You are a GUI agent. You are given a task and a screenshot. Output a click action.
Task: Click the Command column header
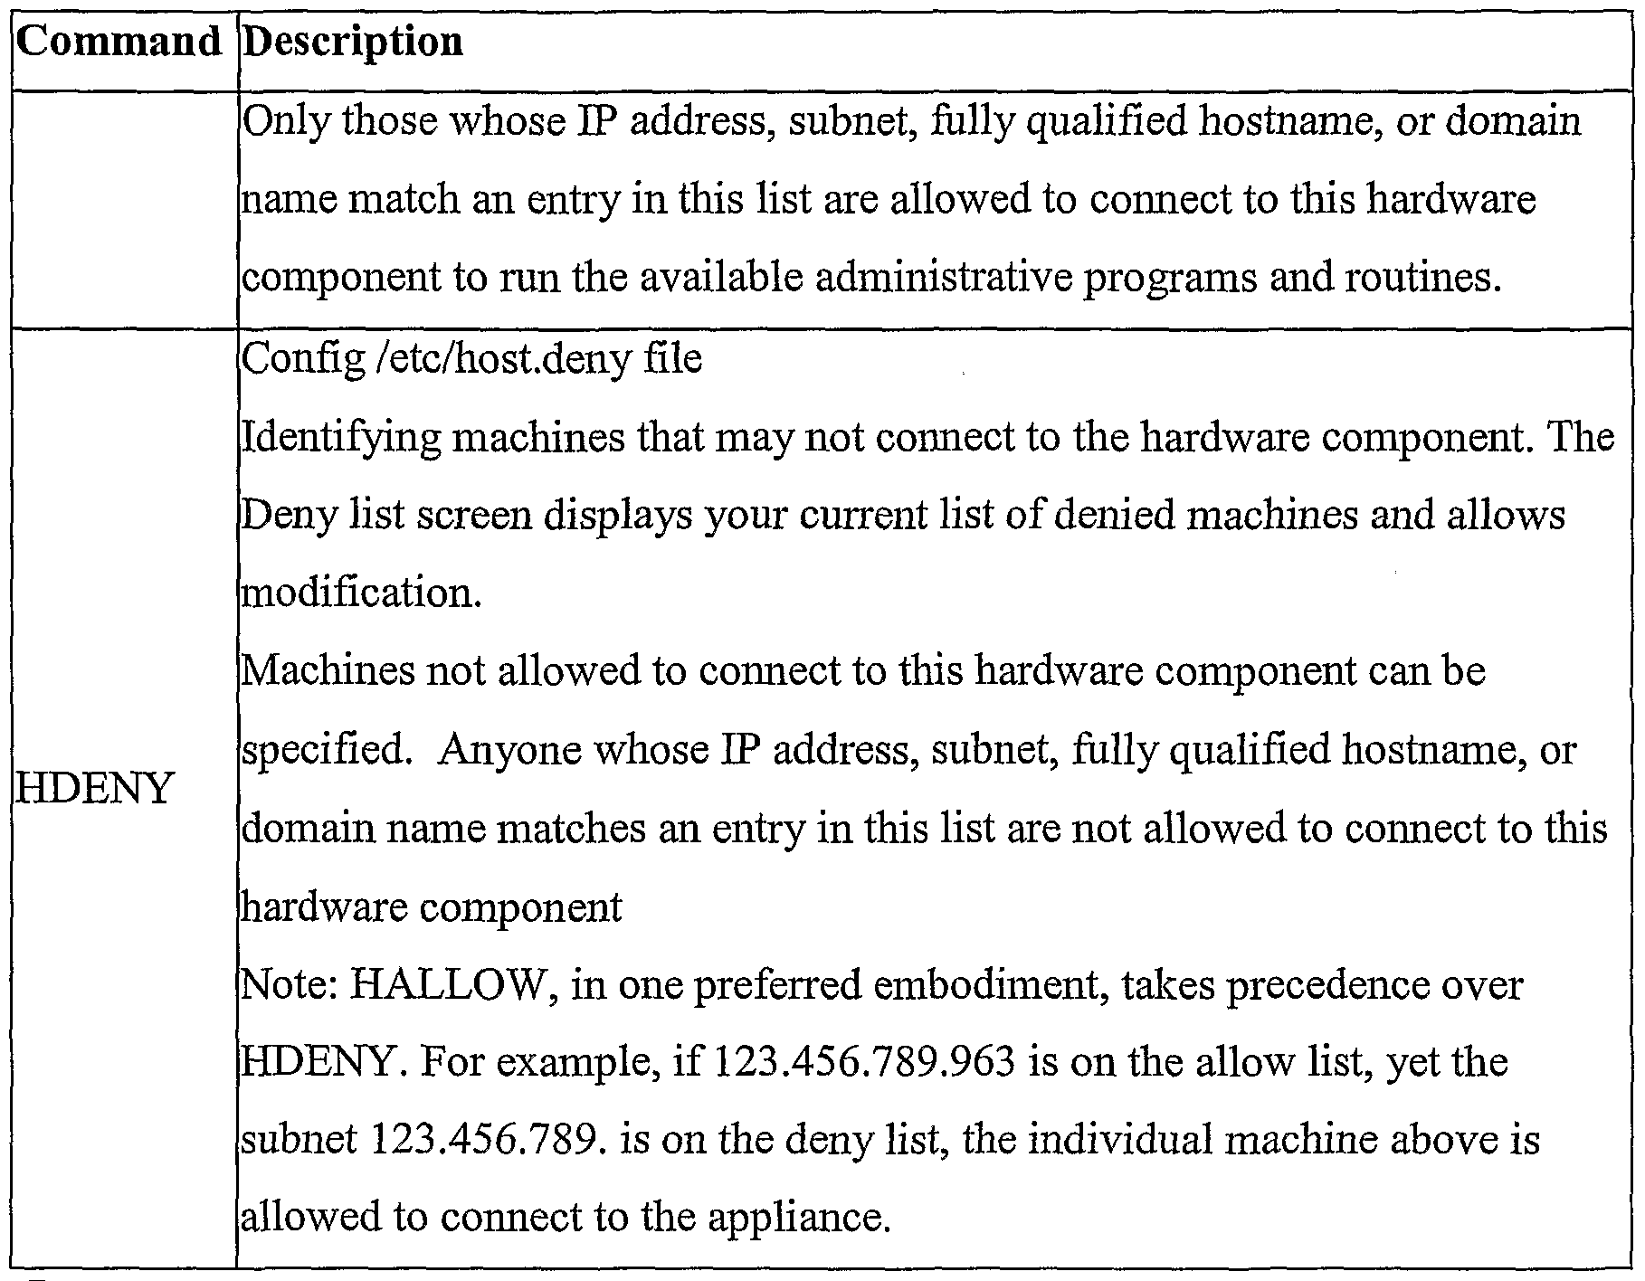tap(119, 43)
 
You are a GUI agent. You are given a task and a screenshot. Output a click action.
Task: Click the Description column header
tap(354, 43)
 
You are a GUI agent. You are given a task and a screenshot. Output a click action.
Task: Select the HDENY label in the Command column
tap(94, 789)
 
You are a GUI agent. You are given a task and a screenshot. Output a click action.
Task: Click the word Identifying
tap(340, 437)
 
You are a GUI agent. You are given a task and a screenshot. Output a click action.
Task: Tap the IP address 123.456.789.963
tap(865, 1062)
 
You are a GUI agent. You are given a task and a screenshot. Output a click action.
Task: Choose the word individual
tap(1119, 1140)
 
